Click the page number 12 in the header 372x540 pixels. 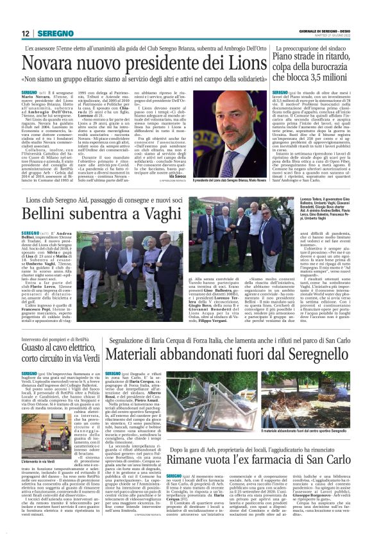coord(26,33)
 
